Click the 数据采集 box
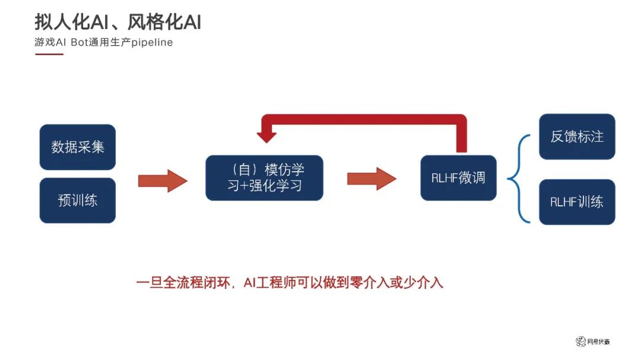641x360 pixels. [x=77, y=147]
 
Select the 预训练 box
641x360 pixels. [x=77, y=200]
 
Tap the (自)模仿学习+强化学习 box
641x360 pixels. [x=264, y=177]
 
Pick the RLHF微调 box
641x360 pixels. [x=458, y=177]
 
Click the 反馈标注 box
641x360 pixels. [x=577, y=136]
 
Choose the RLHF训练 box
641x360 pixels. [x=577, y=202]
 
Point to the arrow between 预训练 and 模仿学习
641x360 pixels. [x=162, y=180]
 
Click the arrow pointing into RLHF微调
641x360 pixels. [x=372, y=178]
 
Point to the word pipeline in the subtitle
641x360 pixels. [x=151, y=43]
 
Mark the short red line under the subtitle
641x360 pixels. [x=49, y=54]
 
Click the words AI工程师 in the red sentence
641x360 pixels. [x=266, y=282]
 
